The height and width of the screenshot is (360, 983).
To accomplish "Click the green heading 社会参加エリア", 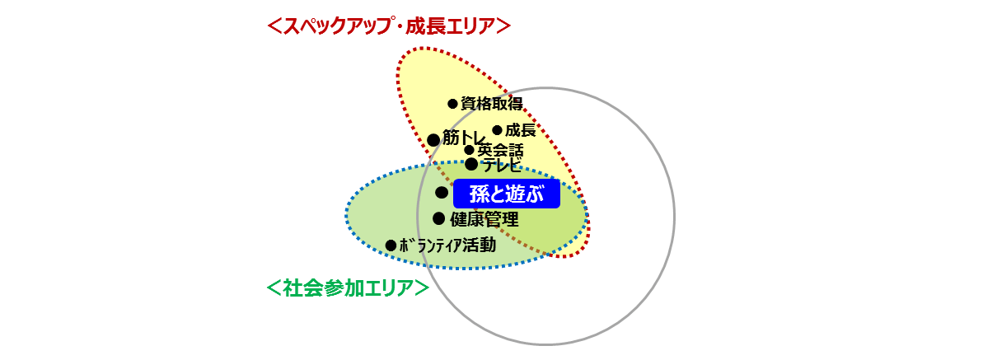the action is click(348, 288).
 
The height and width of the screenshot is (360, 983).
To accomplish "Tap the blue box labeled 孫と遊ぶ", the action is click(506, 195).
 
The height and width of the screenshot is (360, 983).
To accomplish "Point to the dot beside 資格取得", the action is click(452, 104).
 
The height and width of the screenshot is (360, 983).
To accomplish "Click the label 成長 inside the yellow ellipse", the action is click(520, 130).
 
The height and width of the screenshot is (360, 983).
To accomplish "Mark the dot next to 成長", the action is click(497, 130).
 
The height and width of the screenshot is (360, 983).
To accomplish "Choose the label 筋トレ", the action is click(463, 138).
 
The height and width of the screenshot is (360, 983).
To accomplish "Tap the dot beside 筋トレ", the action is click(433, 140).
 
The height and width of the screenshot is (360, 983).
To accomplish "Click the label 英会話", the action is click(500, 151).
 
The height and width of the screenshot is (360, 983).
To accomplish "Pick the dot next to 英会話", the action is click(469, 150).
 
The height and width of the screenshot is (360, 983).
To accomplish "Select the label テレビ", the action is click(502, 165).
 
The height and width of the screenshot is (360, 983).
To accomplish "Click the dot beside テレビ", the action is click(471, 164).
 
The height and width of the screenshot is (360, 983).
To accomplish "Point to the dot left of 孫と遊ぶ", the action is click(442, 193).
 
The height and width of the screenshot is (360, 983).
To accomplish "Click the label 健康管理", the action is click(484, 219).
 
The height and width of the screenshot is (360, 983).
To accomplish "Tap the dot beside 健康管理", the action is click(439, 218).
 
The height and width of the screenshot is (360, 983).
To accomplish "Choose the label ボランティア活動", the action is click(447, 245).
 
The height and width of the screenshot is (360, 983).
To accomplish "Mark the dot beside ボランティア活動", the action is click(391, 245).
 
